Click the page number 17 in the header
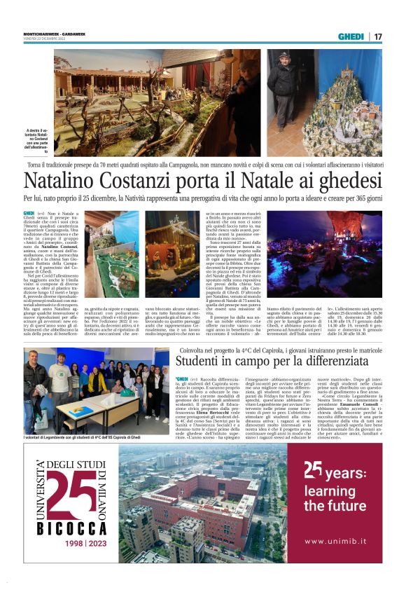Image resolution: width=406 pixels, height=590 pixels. (x=378, y=36)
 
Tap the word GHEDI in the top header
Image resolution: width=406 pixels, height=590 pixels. (x=351, y=36)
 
